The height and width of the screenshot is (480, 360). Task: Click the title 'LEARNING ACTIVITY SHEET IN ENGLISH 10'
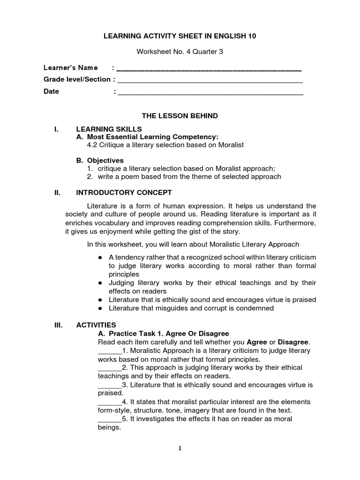180,36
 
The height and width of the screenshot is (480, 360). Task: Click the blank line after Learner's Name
209,70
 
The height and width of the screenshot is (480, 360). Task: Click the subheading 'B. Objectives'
100,160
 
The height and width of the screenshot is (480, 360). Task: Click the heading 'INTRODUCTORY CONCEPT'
124,193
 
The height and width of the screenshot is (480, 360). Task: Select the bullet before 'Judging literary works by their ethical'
100,283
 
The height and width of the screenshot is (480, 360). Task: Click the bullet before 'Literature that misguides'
100,308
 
